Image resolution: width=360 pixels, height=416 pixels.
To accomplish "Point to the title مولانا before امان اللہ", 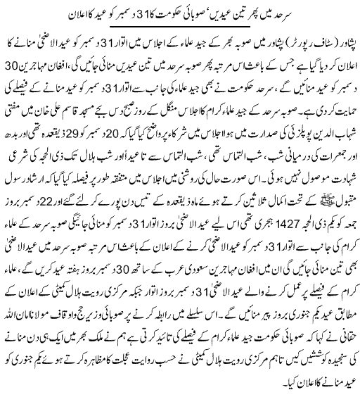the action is click(x=43, y=344).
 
